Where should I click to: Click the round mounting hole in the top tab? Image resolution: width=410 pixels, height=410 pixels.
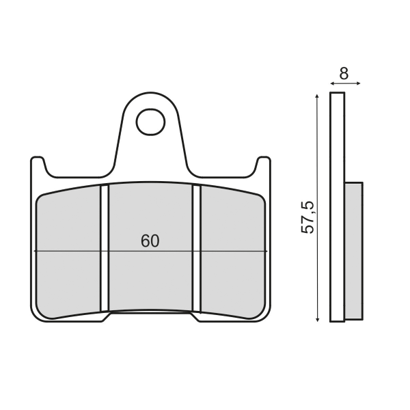(150, 122)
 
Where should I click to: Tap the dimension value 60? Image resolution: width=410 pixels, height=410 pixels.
(150, 241)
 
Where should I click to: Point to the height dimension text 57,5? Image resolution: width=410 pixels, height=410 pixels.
(308, 217)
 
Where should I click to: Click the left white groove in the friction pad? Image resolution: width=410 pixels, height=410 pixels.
(105, 247)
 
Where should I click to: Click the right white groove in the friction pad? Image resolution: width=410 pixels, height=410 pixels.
(197, 247)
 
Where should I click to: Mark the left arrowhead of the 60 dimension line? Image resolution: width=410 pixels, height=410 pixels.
(36, 251)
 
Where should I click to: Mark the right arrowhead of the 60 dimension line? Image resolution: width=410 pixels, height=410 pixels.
(265, 251)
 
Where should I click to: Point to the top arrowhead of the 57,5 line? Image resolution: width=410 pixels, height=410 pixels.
(318, 96)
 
